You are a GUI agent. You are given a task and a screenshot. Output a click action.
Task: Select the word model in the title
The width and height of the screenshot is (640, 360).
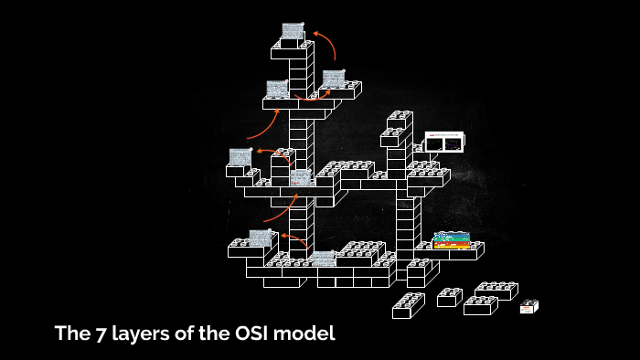coord(309,334)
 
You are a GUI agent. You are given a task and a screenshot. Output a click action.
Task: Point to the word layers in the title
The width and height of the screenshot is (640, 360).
coord(133,334)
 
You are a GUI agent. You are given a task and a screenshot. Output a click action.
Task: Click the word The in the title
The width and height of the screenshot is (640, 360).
coord(69,334)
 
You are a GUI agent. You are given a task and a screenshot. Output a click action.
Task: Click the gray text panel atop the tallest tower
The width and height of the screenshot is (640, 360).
coord(293,31)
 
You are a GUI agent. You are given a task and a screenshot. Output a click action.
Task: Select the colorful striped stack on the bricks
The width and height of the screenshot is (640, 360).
coord(451,240)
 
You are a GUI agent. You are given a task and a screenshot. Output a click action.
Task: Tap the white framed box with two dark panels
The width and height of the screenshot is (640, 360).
coord(444,143)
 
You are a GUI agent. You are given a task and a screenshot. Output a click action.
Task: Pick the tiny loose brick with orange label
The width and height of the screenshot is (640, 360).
coord(528,307)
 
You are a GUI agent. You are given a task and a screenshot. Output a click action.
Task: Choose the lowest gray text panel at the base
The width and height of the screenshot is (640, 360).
coord(323,259)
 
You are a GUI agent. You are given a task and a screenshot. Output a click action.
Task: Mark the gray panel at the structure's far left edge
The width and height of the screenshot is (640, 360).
coord(240,157)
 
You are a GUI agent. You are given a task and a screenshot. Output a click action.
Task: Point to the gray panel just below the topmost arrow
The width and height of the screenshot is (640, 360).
coord(334,79)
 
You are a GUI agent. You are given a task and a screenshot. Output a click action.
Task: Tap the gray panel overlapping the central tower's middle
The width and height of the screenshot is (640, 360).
coord(301,177)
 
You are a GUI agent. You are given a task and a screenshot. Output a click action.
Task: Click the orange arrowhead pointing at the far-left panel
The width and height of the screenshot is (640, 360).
coord(259,151)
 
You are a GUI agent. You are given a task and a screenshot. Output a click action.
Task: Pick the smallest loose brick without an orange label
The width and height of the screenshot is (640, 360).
coord(449,297)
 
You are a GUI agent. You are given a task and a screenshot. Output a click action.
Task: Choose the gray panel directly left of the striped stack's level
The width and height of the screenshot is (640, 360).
coord(261,238)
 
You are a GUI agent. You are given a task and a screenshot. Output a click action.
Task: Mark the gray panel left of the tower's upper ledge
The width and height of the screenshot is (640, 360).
coord(277,89)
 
